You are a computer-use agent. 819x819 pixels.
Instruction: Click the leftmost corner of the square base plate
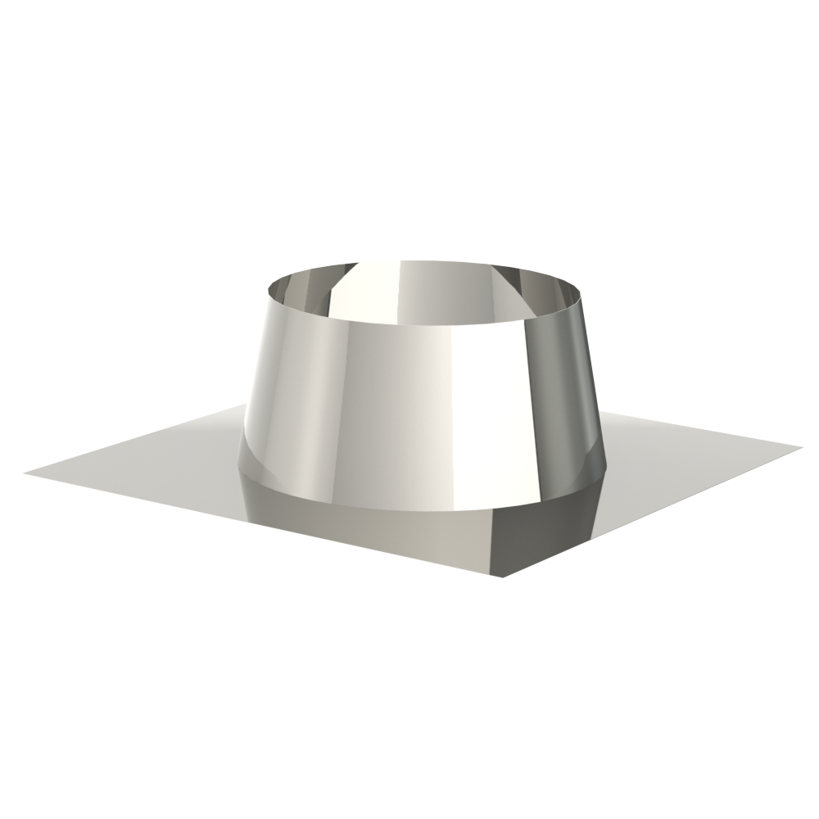(x=25, y=473)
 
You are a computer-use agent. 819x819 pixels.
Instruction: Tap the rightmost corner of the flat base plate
(x=801, y=448)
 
